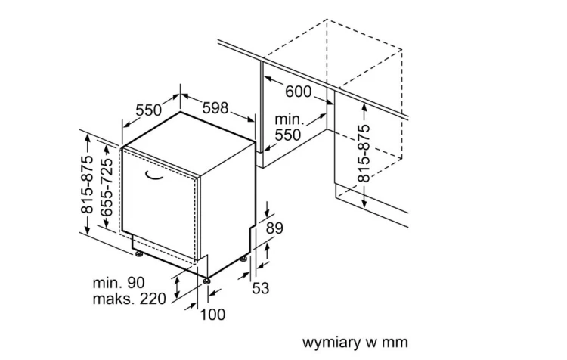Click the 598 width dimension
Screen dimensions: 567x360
pos(215,108)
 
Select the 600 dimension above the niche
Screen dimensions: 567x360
pos(299,92)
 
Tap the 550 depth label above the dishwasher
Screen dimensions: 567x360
pos(149,110)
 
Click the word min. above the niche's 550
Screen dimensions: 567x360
pos(290,119)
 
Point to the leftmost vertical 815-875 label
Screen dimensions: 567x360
pos(87,185)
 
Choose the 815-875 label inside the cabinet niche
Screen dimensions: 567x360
pos(364,153)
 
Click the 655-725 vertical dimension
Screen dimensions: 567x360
pos(107,188)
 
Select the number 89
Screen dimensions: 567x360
pos(275,228)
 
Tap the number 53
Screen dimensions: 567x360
pos(261,288)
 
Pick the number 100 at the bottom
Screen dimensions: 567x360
pos(212,315)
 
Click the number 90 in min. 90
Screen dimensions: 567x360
pos(136,283)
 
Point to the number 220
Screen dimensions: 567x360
pos(153,299)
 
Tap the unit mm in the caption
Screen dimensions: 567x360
pos(397,343)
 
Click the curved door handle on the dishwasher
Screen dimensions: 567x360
pos(154,175)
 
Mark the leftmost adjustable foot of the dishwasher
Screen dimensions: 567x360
pos(138,254)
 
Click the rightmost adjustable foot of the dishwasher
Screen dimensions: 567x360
pos(244,259)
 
